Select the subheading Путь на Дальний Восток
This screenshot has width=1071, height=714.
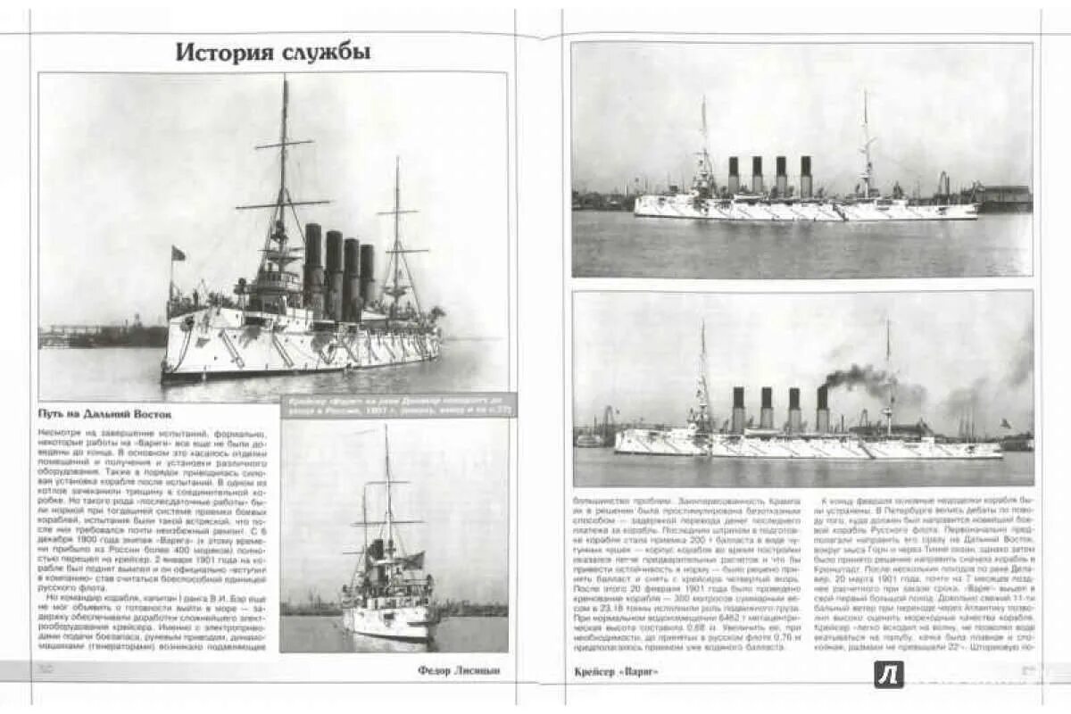pyautogui.click(x=105, y=413)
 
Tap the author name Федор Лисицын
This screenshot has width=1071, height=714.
pyautogui.click(x=459, y=669)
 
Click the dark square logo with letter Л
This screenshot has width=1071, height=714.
pyautogui.click(x=888, y=675)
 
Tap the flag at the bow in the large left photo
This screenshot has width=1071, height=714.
pyautogui.click(x=178, y=254)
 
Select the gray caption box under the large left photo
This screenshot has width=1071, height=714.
pyautogui.click(x=398, y=405)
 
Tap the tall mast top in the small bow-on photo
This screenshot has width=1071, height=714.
pyautogui.click(x=386, y=437)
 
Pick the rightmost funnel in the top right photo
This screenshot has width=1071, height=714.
pyautogui.click(x=806, y=176)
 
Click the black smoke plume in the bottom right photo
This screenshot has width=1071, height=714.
pyautogui.click(x=861, y=378)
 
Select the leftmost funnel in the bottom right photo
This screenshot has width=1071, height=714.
pyautogui.click(x=738, y=409)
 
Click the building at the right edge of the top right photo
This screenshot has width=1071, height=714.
pyautogui.click(x=1005, y=197)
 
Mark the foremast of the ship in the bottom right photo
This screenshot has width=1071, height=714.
pyautogui.click(x=702, y=375)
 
